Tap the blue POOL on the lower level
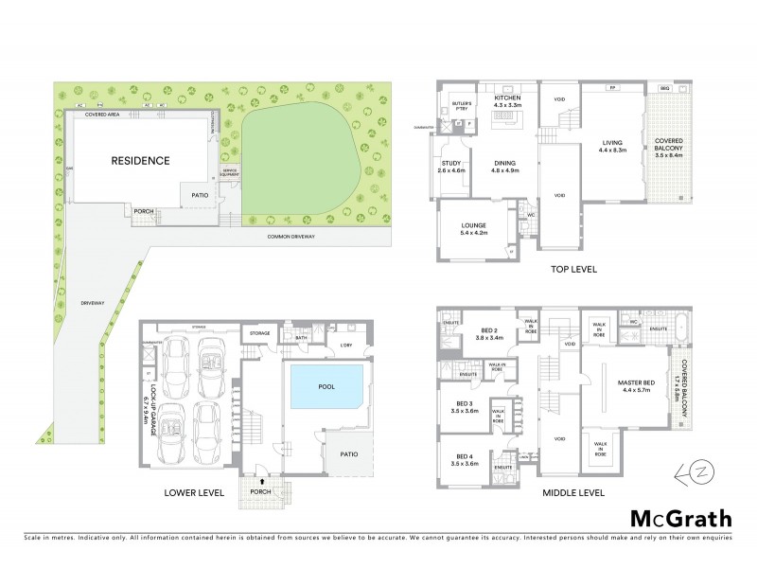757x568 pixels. [x=326, y=386]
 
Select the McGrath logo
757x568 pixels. [x=680, y=518]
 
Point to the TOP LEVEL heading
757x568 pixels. [x=573, y=269]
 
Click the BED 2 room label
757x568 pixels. [x=485, y=335]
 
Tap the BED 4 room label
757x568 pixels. [x=464, y=460]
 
